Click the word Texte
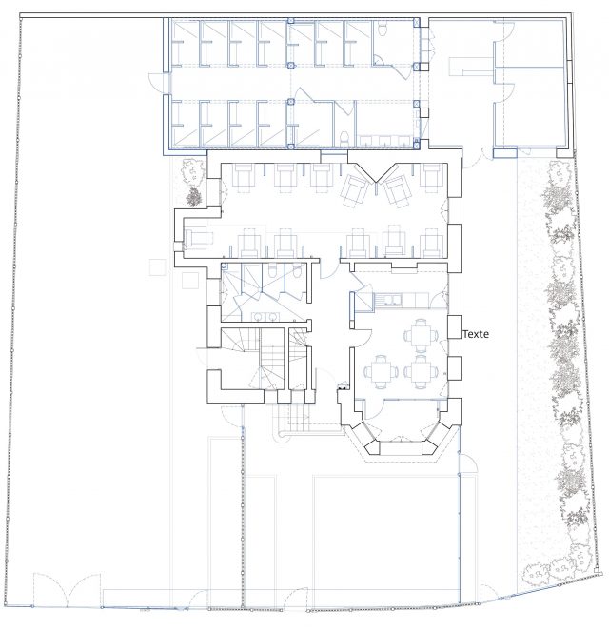click(x=476, y=334)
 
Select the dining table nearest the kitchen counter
click(x=421, y=334)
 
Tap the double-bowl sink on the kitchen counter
click(x=392, y=299)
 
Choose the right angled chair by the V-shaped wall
click(x=396, y=190)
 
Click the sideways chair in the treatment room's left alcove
click(x=196, y=238)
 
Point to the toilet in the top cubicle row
click(x=382, y=29)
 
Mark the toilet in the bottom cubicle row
click(x=344, y=139)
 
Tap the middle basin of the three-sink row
click(x=384, y=140)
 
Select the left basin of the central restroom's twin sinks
click(x=257, y=317)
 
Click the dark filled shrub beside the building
click(x=194, y=197)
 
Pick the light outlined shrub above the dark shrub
click(x=193, y=170)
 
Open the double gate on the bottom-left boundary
click(x=67, y=589)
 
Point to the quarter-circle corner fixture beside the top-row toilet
click(x=378, y=61)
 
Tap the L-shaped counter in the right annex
click(x=471, y=67)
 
